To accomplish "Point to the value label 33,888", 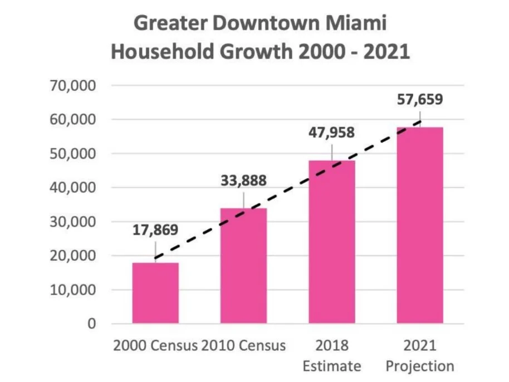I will coord(243,181).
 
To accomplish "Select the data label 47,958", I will coord(331,134).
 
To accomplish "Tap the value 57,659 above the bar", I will coord(420,100).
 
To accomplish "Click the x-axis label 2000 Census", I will coord(155,345).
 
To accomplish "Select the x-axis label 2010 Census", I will coord(244,345).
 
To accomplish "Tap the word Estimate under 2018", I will coord(332,366).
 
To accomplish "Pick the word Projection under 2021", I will coord(420,366).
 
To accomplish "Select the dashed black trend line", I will coord(287,188).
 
